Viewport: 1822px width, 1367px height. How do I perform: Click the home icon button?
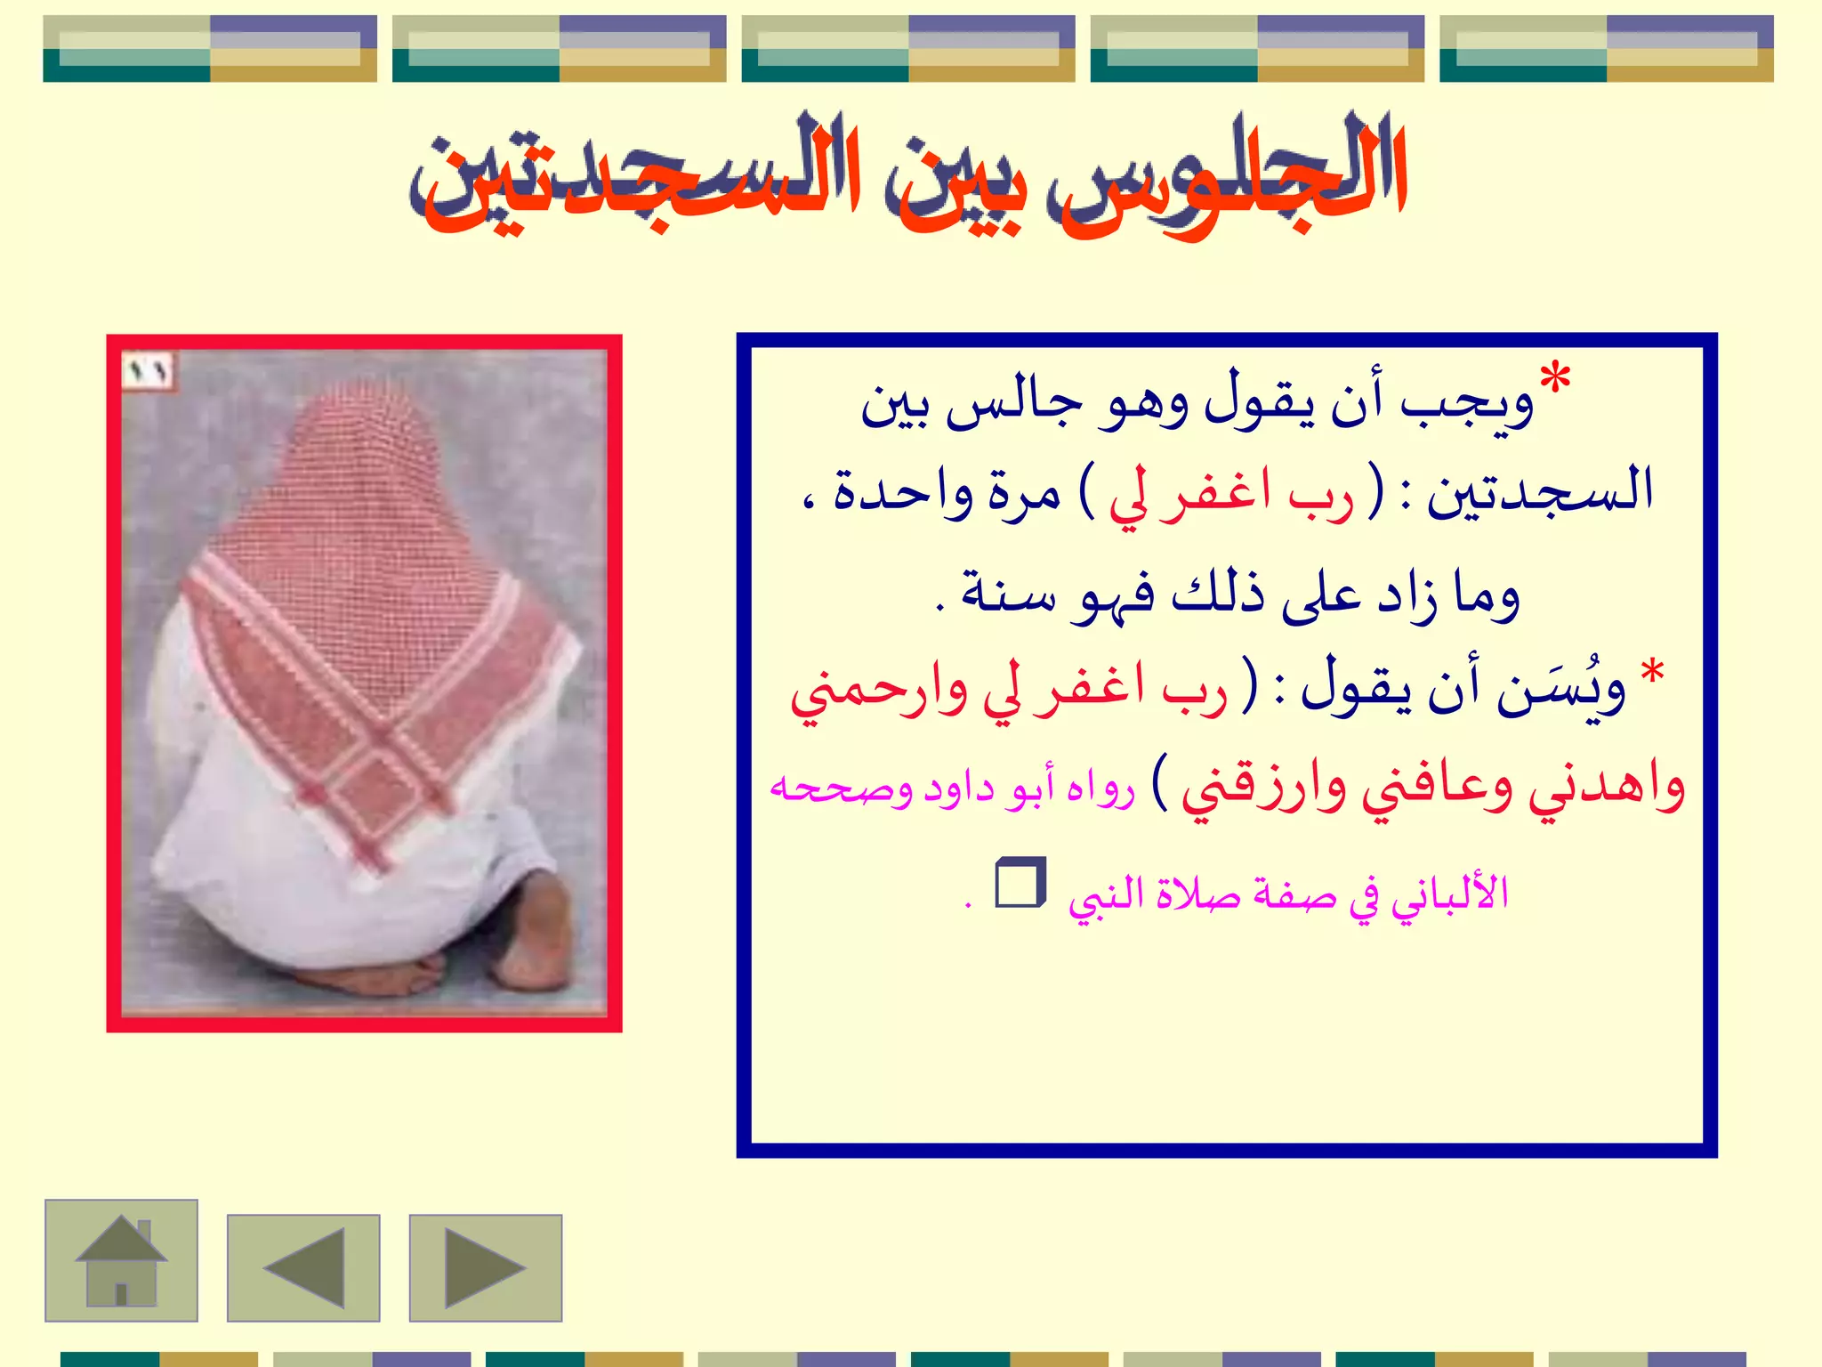(121, 1260)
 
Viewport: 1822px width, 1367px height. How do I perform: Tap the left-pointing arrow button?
(303, 1267)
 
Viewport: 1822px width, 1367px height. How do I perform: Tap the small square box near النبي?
(1020, 883)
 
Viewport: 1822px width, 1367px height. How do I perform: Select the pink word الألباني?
(1450, 894)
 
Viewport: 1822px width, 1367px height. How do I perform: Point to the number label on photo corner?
(147, 370)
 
